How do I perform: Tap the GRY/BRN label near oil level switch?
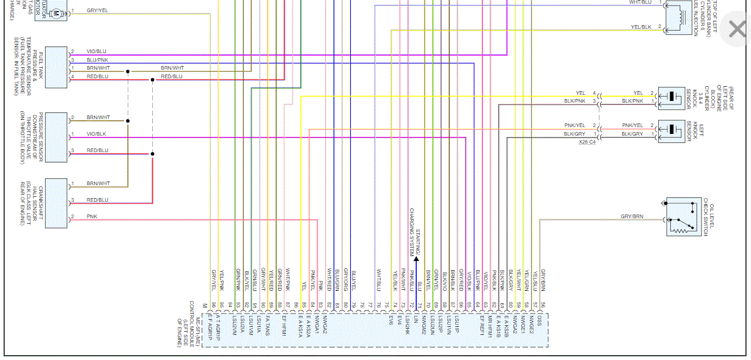[x=632, y=216]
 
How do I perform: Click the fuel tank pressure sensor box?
[x=56, y=67]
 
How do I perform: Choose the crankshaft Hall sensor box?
[x=56, y=200]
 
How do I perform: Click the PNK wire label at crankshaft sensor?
[x=92, y=216]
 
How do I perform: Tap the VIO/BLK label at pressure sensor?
[x=97, y=134]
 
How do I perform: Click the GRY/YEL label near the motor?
[x=97, y=10]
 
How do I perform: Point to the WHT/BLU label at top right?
[x=640, y=2]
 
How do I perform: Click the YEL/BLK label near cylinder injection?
[x=641, y=27]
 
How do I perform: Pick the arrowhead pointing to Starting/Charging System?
[x=416, y=259]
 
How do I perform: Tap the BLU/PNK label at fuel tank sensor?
[x=97, y=60]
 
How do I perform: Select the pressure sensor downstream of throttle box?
[x=56, y=137]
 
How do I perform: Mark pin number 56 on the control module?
[x=543, y=304]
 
